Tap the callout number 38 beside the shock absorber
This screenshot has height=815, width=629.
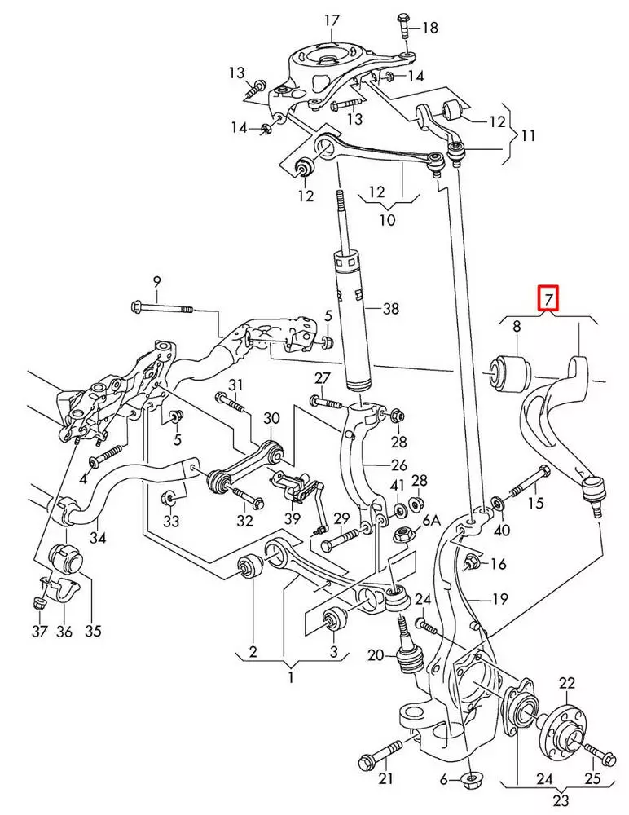coord(390,308)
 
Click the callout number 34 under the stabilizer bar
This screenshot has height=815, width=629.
coord(97,537)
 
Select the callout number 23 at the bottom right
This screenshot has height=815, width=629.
coord(561,800)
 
